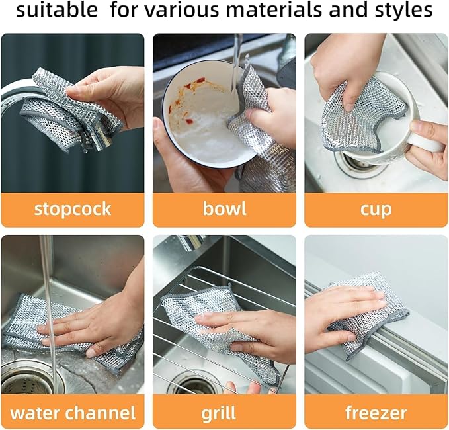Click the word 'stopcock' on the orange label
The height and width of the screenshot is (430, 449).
[x=73, y=210]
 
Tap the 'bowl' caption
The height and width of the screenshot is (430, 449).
[x=224, y=210]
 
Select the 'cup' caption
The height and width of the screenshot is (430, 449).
[x=376, y=210]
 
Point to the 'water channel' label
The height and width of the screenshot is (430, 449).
[x=73, y=413]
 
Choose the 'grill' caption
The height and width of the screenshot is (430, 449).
[x=224, y=413]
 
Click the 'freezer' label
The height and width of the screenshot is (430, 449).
[x=376, y=413]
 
